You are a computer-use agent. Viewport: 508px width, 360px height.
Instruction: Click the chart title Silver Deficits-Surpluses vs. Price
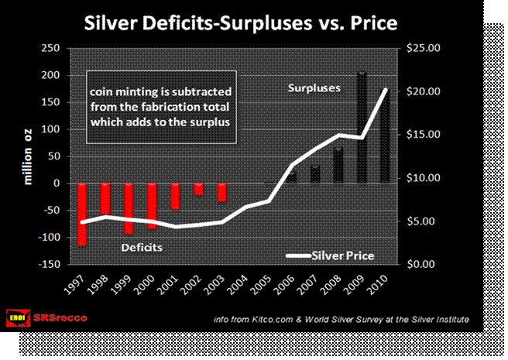(240, 22)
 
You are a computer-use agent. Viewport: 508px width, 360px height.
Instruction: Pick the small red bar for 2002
(199, 189)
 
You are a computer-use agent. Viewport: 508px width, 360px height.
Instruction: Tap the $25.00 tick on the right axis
(423, 48)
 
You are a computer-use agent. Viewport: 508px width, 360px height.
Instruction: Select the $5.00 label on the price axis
(423, 221)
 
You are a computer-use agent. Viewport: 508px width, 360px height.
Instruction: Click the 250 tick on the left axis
(50, 48)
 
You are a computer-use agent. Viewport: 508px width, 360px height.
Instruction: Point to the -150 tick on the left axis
(47, 264)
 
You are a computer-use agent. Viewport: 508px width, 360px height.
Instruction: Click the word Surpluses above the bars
(314, 88)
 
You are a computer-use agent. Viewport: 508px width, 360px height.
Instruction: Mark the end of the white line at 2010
(385, 91)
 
